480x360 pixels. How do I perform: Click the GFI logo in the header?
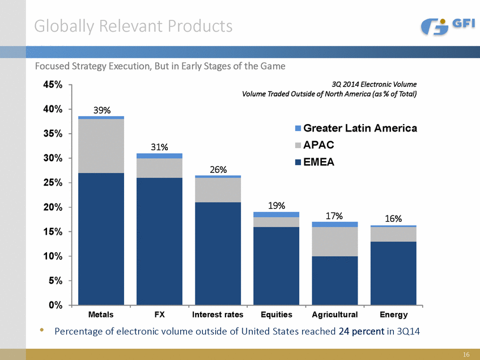pyautogui.click(x=448, y=26)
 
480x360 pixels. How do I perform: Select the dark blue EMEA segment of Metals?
pyautogui.click(x=101, y=238)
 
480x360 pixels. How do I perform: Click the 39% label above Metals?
pyautogui.click(x=101, y=111)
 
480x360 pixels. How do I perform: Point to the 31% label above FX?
pyautogui.click(x=159, y=147)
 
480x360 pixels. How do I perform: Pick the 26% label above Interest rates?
pyautogui.click(x=218, y=170)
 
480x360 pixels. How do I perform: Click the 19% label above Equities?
pyautogui.click(x=277, y=206)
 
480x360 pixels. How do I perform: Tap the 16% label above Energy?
pyautogui.click(x=393, y=219)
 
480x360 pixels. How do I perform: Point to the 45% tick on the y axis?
pyautogui.click(x=53, y=85)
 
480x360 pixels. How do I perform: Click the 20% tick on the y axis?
pyautogui.click(x=53, y=207)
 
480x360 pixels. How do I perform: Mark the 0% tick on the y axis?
pyautogui.click(x=56, y=306)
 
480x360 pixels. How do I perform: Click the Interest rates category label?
pyautogui.click(x=218, y=315)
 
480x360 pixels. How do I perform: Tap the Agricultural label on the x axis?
pyautogui.click(x=335, y=315)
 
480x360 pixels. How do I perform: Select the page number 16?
pyautogui.click(x=466, y=354)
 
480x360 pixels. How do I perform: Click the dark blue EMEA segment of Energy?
pyautogui.click(x=393, y=273)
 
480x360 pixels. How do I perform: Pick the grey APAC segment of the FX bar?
pyautogui.click(x=159, y=168)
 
